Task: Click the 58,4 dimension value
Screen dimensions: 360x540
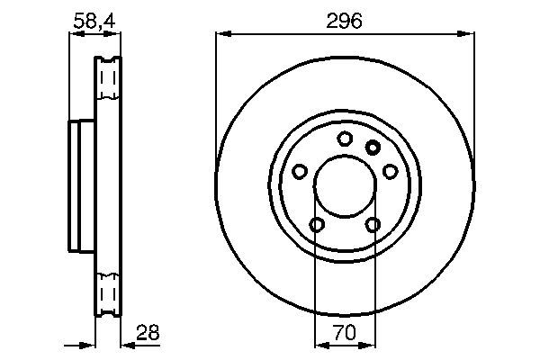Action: pos(95,19)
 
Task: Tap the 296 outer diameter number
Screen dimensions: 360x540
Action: pos(345,20)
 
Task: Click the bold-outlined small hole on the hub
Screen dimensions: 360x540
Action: pos(373,147)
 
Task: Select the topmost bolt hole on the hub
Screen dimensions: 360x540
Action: pos(345,139)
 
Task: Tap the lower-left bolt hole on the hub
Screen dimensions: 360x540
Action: pos(317,224)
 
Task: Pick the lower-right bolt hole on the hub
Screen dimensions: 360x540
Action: pos(373,224)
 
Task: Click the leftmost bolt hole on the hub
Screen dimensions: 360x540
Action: pos(300,171)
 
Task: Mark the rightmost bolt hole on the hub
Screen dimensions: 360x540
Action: pos(390,171)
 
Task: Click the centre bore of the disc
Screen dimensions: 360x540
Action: pos(345,186)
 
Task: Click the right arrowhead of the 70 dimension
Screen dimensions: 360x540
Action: pos(370,345)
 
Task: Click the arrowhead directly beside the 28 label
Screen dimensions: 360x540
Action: pos(126,345)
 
